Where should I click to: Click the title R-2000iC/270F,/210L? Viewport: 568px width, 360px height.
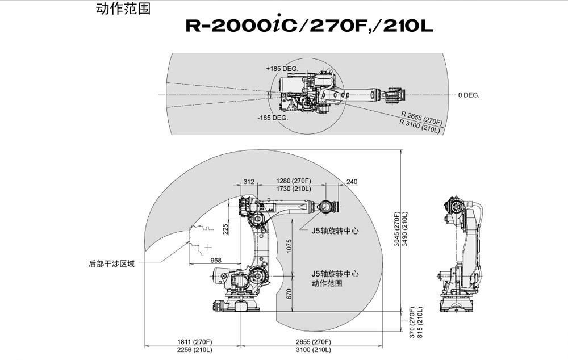pyautogui.click(x=310, y=26)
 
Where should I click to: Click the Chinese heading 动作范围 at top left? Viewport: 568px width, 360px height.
pyautogui.click(x=123, y=9)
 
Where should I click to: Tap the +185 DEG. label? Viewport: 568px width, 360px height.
pyautogui.click(x=282, y=68)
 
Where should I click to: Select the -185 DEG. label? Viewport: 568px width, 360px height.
pyautogui.click(x=273, y=118)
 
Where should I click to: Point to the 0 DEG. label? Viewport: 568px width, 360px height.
pyautogui.click(x=469, y=95)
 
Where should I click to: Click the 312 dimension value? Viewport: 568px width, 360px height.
pyautogui.click(x=248, y=182)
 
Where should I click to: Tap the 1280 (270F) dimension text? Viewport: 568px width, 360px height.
pyautogui.click(x=293, y=181)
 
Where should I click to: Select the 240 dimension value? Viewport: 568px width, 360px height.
pyautogui.click(x=352, y=182)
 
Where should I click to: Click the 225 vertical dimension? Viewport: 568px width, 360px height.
pyautogui.click(x=226, y=228)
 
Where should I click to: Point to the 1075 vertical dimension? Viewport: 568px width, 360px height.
pyautogui.click(x=289, y=246)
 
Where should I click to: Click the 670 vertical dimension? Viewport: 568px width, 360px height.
pyautogui.click(x=289, y=293)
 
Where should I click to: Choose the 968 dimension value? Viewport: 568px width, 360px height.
pyautogui.click(x=216, y=260)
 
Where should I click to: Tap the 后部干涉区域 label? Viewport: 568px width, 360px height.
pyautogui.click(x=111, y=263)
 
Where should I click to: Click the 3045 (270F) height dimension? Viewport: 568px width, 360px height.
pyautogui.click(x=397, y=228)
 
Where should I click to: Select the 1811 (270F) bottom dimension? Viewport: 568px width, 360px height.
pyautogui.click(x=194, y=342)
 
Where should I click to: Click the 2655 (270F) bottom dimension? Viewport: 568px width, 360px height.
pyautogui.click(x=313, y=342)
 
